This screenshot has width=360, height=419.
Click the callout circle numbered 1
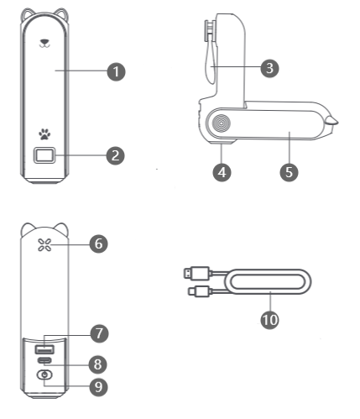[x=116, y=71]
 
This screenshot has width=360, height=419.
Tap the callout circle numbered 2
[x=116, y=155]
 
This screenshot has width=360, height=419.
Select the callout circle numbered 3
[x=269, y=68]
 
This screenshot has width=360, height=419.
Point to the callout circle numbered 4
[x=222, y=172]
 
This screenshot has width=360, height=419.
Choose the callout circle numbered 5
[x=289, y=172]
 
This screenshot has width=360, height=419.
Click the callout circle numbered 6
[x=99, y=244]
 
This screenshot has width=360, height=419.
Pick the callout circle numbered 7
[x=99, y=333]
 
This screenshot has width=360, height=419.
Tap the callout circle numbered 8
[x=98, y=364]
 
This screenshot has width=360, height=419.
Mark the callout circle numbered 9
[x=98, y=387]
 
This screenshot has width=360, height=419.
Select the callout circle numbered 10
[x=269, y=320]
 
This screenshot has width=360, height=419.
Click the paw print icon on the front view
[x=44, y=134]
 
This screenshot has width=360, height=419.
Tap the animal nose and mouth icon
[x=44, y=43]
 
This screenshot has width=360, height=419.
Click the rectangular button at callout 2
[x=44, y=155]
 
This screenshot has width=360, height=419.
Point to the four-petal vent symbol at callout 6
[x=44, y=245]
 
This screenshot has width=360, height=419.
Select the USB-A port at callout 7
[x=44, y=349]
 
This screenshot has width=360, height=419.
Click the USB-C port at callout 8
[x=44, y=360]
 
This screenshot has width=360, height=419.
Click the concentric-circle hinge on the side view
[x=221, y=123]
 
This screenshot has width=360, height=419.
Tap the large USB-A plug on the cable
[x=196, y=273]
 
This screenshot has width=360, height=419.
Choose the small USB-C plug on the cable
[x=199, y=291]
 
